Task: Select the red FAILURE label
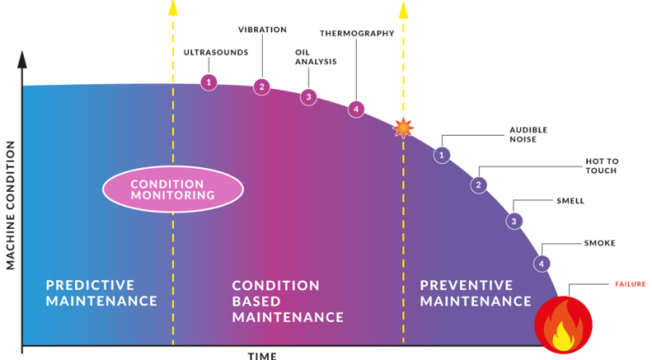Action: (x=630, y=284)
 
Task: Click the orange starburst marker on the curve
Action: (x=403, y=128)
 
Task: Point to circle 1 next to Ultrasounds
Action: (x=209, y=82)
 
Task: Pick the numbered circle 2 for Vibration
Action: (x=261, y=86)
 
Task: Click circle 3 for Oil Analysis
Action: (x=308, y=96)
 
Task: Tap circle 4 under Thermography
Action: (x=355, y=109)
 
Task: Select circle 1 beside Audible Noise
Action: (x=442, y=154)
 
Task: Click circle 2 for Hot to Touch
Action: (x=478, y=185)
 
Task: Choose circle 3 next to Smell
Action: (x=514, y=221)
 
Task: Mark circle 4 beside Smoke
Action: (x=542, y=264)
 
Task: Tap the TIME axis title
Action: (x=262, y=355)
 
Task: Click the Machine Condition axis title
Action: (x=10, y=204)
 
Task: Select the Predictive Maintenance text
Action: (x=101, y=292)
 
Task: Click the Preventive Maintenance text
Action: (x=476, y=292)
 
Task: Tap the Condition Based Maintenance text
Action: (x=287, y=301)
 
